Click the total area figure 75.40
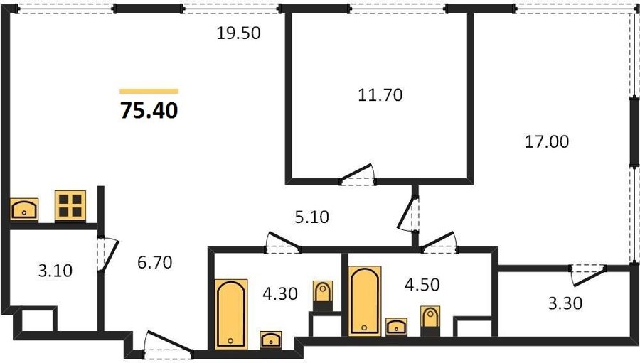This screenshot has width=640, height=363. point(149,110)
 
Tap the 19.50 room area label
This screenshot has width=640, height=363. point(238,33)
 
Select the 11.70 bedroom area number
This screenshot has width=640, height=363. point(380,94)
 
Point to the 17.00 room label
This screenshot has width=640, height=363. point(547,142)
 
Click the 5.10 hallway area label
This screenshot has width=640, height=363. point(312,217)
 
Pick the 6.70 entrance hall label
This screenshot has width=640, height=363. point(155,262)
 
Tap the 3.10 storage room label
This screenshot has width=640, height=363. point(55,271)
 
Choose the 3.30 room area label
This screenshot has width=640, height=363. point(565,303)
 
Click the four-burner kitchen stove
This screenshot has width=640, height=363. point(70,205)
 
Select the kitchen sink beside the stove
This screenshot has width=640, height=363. point(24,210)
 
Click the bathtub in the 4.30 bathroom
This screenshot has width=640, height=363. point(231,314)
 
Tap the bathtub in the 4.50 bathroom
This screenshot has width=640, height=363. point(365,301)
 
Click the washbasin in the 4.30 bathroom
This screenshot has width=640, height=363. point(271,340)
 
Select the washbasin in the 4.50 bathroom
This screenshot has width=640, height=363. point(396,327)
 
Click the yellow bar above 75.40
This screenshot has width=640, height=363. point(149,92)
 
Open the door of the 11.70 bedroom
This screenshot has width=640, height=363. point(357,175)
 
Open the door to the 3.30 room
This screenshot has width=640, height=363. point(588,274)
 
